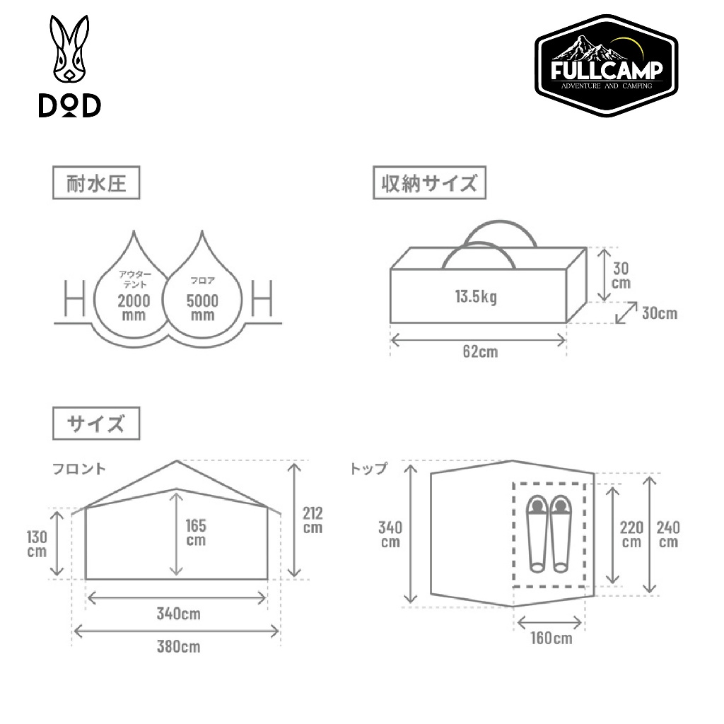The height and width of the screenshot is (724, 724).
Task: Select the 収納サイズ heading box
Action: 430,185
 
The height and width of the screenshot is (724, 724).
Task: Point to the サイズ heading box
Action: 96,424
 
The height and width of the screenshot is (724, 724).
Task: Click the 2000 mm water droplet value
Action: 134,307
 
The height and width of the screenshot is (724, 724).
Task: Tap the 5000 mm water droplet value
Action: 202,307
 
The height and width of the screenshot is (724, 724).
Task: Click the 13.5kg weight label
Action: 476,296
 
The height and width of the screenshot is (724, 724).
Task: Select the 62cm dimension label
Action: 480,351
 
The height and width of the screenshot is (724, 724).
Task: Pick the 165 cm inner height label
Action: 195,531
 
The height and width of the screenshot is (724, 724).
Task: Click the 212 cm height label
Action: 312,520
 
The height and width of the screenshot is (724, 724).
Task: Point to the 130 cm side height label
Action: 37,544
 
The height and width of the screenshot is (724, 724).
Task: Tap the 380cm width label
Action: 178,646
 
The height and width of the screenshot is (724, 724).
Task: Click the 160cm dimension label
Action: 550,638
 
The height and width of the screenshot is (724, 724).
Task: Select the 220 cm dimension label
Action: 631,535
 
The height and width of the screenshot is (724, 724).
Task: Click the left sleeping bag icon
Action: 537,533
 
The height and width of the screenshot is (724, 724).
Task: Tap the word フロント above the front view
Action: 79,468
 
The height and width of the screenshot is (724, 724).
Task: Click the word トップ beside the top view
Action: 368,468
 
